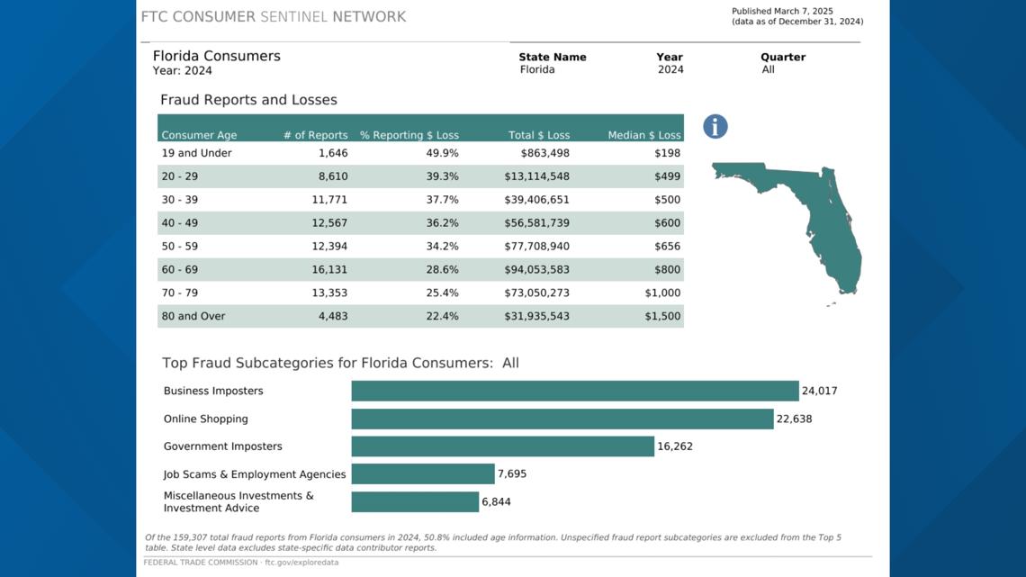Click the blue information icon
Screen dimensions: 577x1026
715,127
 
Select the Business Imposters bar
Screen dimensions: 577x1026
574,391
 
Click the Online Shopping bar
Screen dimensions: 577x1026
562,419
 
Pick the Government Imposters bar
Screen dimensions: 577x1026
502,446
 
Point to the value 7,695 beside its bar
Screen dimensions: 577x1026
512,474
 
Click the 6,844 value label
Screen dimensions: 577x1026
496,501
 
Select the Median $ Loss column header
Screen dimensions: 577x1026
644,135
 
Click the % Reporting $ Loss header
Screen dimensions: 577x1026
409,135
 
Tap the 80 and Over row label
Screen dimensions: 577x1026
193,316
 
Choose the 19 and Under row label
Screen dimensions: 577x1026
196,153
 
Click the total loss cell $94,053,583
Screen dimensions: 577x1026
536,269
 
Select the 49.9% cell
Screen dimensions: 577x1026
442,153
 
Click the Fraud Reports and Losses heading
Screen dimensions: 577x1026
248,100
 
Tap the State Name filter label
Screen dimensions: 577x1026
552,57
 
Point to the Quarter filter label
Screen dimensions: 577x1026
783,57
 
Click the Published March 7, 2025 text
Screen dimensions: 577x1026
782,12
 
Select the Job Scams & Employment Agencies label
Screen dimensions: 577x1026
255,474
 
